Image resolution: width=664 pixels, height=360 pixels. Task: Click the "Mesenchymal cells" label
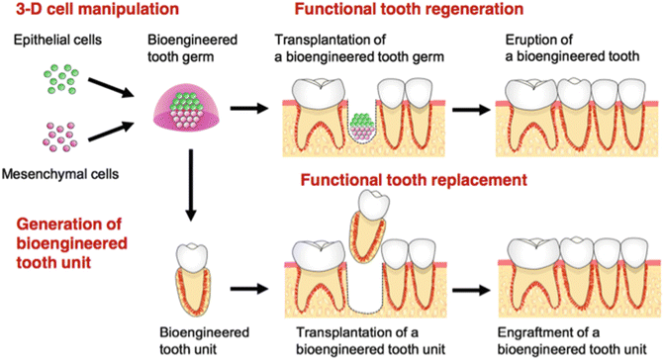[x=63, y=174]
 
